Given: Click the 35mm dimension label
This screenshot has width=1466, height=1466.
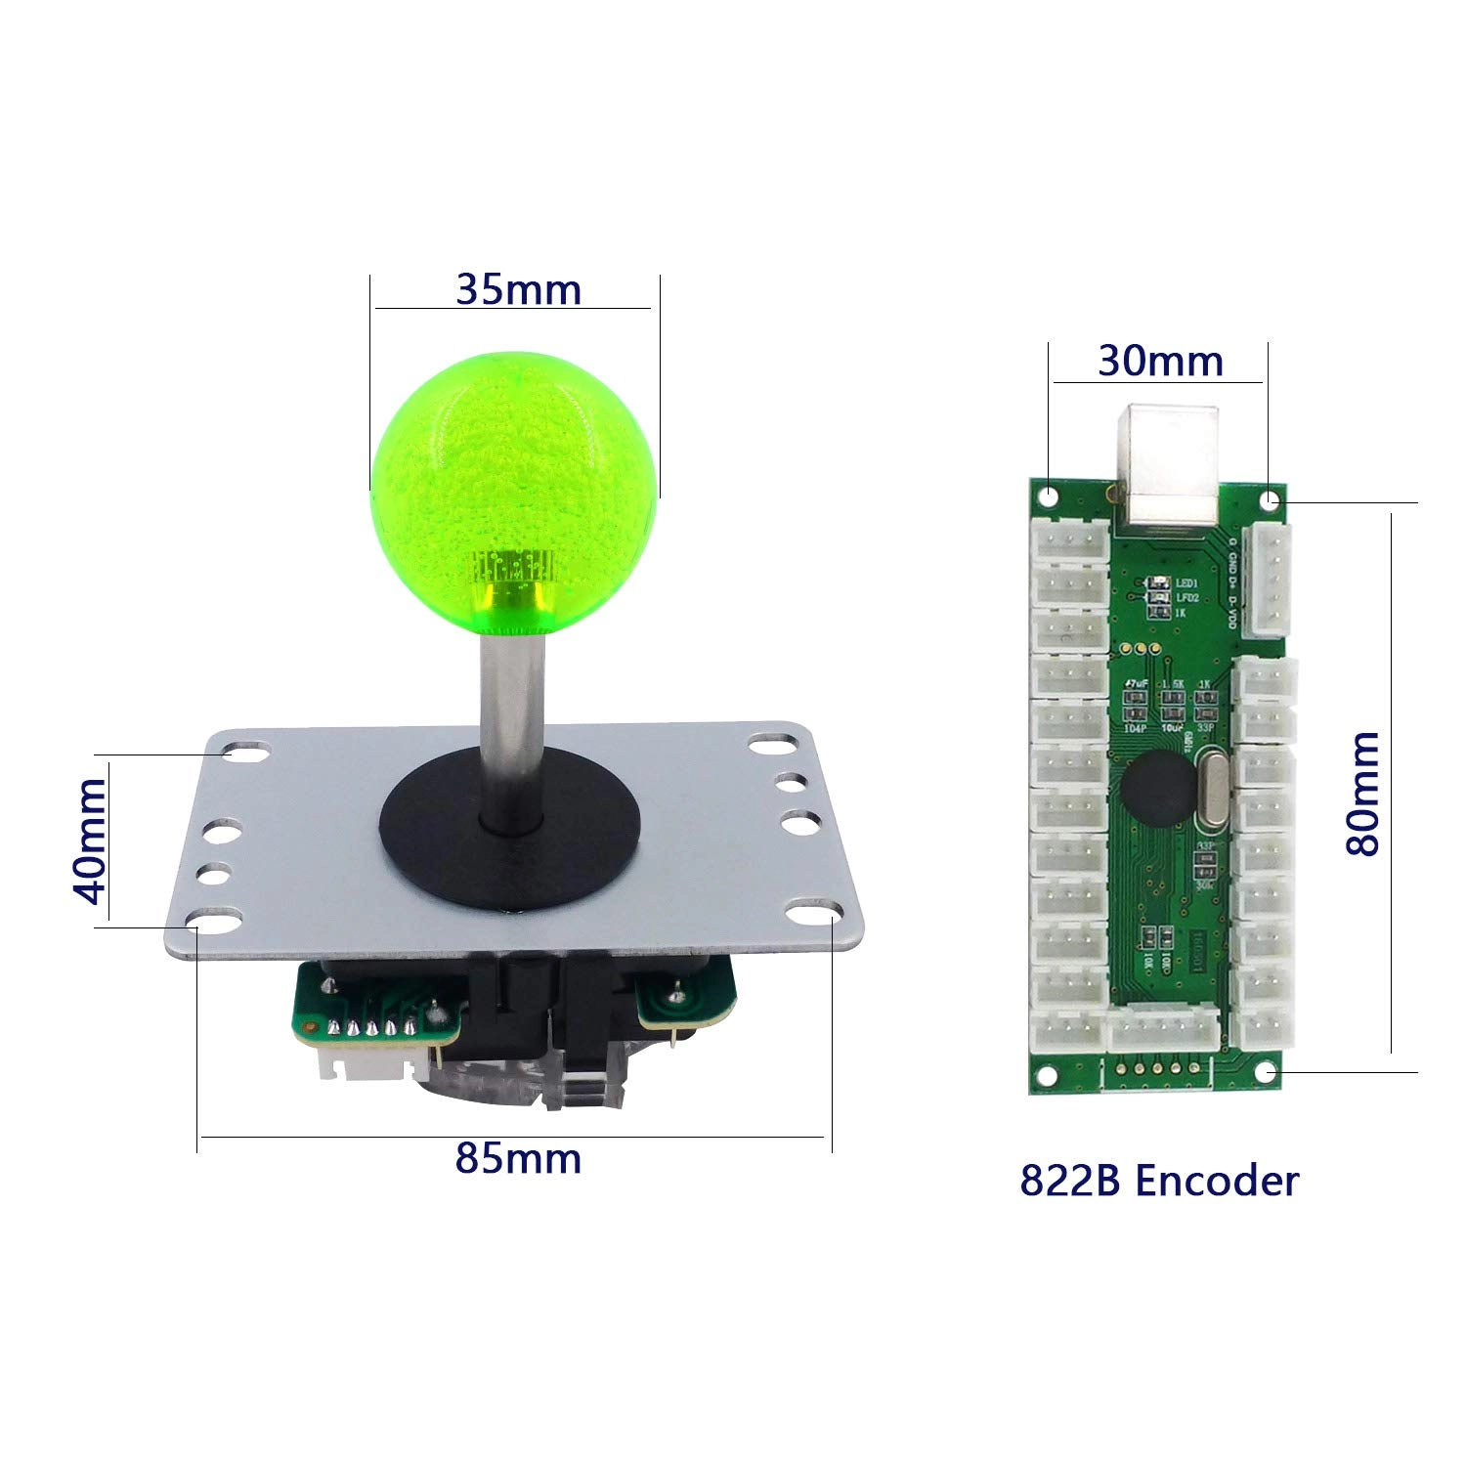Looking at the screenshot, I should click(x=518, y=289).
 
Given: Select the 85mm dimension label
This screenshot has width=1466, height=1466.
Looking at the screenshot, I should click(x=518, y=1158).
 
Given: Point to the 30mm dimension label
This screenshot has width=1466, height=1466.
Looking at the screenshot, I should click(x=1160, y=362).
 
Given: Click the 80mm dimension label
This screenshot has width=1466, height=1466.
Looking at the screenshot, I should click(x=1362, y=793).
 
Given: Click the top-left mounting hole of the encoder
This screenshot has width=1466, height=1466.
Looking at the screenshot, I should click(x=1048, y=496).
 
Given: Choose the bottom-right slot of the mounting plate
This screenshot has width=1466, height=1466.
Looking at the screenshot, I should click(x=810, y=916).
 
